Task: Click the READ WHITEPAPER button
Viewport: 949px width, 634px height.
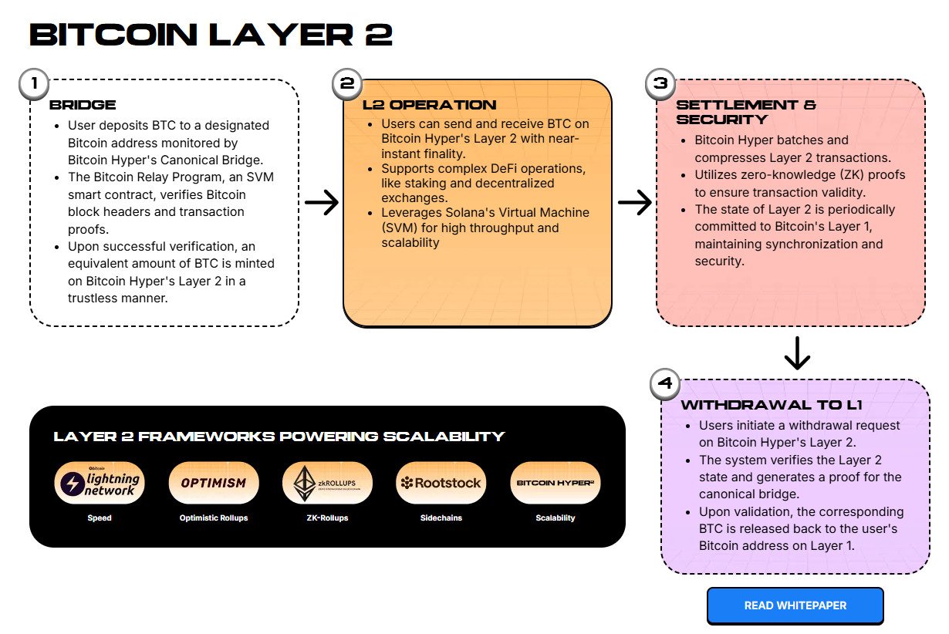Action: point(795,605)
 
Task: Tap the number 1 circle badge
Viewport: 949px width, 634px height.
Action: point(32,84)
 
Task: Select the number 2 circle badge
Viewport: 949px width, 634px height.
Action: point(347,84)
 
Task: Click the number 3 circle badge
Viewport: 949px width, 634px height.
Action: point(660,84)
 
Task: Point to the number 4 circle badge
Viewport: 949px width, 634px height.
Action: point(665,384)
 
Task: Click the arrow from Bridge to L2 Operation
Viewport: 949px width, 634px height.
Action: point(321,203)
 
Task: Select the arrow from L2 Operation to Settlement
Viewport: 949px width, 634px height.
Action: point(634,203)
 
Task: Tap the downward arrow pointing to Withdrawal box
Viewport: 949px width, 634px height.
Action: point(796,354)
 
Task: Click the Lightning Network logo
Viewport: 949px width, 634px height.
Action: point(100,483)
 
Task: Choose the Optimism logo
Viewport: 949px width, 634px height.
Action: point(213,483)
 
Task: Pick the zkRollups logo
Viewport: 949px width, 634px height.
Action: point(327,483)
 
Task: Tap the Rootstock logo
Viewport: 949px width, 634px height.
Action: point(441,483)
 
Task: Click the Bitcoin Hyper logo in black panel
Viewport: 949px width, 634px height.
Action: point(555,483)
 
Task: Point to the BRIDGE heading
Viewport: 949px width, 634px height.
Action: point(83,105)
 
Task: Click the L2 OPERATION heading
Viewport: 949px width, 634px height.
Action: point(429,105)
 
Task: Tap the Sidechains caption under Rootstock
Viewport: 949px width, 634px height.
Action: point(441,518)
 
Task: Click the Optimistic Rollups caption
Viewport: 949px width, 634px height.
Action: point(213,518)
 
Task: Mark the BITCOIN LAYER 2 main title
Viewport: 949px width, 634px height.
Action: point(211,35)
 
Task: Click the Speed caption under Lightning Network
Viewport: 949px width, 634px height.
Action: point(100,518)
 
